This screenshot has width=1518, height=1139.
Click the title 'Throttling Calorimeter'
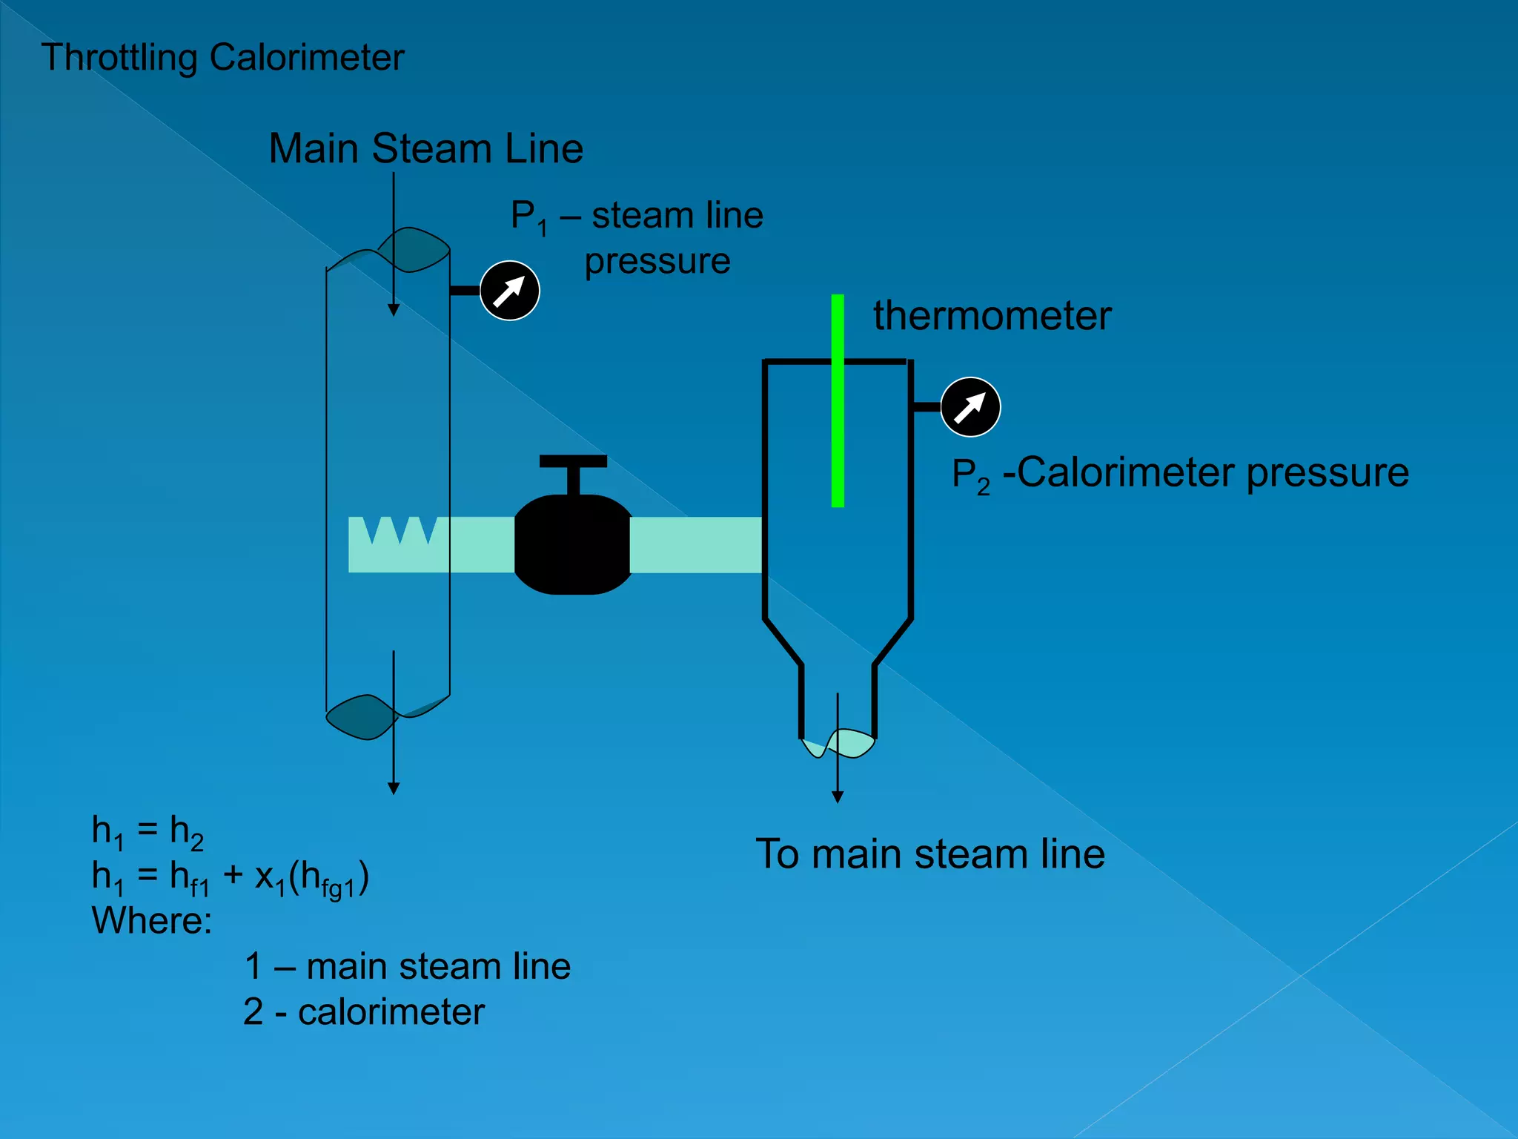[222, 58]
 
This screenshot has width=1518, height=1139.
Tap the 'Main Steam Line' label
[425, 148]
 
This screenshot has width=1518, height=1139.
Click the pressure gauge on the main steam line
[510, 291]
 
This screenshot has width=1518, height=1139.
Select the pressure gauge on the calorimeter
[970, 407]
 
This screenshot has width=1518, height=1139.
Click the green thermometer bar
[838, 400]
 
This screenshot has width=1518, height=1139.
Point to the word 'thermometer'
[992, 316]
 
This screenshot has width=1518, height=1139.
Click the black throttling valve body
[572, 545]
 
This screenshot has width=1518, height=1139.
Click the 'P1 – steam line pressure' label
[637, 237]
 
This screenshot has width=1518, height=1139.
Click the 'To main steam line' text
[930, 854]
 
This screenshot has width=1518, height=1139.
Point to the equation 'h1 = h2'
[148, 831]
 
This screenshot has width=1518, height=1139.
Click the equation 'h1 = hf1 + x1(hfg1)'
[230, 877]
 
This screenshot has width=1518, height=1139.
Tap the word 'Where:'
[152, 922]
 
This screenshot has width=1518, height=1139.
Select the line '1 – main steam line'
[408, 967]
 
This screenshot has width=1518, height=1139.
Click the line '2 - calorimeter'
[364, 1012]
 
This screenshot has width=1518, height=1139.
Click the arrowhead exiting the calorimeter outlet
[838, 797]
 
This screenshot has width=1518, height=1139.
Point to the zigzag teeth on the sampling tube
[400, 529]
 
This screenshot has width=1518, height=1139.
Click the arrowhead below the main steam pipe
[394, 789]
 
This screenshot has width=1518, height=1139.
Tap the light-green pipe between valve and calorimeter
[695, 545]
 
